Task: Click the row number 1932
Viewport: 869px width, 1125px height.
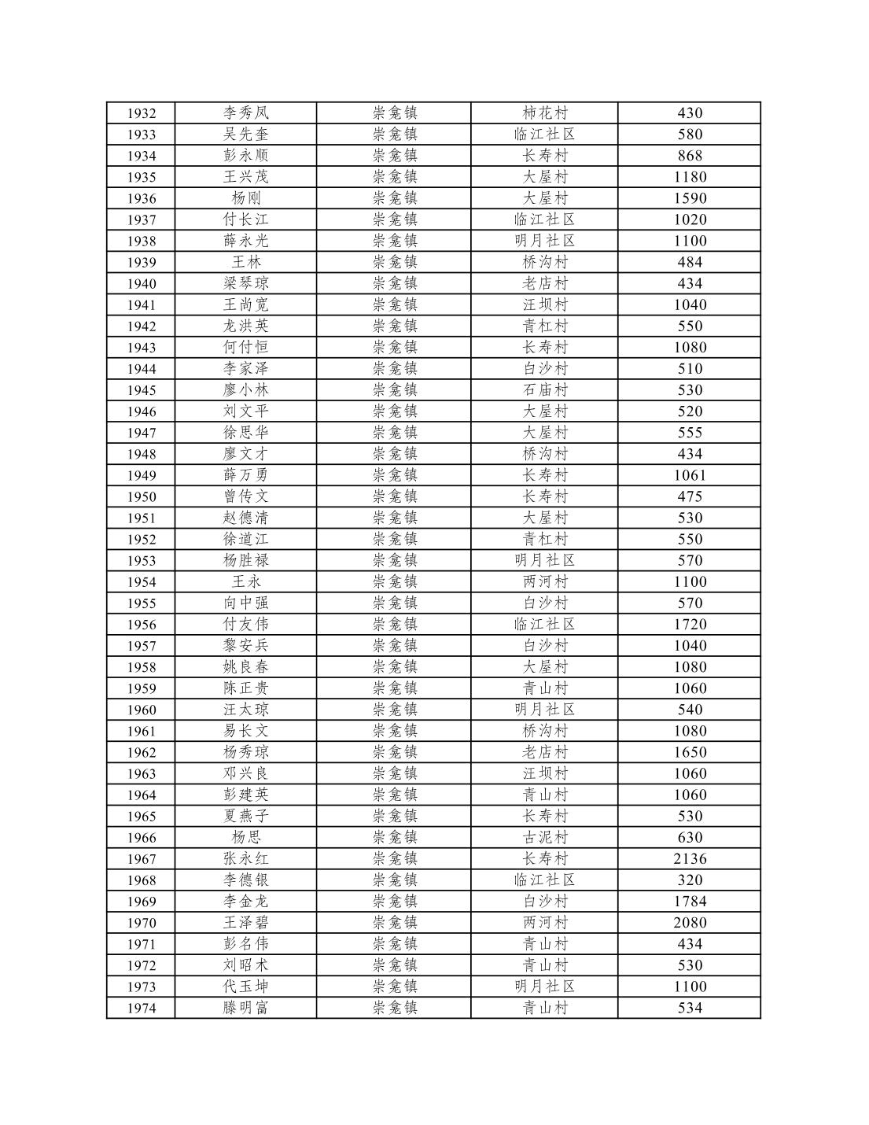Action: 142,113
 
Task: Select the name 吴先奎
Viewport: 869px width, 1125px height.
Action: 245,135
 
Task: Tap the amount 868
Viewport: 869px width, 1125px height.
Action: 689,156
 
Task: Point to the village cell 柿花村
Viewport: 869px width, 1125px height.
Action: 544,113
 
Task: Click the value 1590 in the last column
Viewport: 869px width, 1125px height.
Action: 689,198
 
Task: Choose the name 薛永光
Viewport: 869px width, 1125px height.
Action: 245,241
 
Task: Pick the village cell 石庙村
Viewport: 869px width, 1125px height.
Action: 544,389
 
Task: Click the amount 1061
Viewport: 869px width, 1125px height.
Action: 689,474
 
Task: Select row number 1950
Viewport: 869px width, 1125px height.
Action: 142,496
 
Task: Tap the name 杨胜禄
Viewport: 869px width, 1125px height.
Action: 245,560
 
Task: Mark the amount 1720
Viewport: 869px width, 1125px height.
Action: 689,624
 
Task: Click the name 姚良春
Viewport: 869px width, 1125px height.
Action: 245,666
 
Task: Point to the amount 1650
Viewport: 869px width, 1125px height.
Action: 689,752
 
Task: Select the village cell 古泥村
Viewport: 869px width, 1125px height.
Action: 544,837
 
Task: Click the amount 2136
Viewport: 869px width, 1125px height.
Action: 689,858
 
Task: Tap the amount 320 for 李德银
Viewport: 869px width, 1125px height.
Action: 689,880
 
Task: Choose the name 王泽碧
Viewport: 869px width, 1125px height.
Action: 245,922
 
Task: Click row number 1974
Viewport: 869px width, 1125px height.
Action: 142,1008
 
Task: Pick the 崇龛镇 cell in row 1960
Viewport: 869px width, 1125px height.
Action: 395,709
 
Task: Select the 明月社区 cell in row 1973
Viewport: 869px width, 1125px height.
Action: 544,986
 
